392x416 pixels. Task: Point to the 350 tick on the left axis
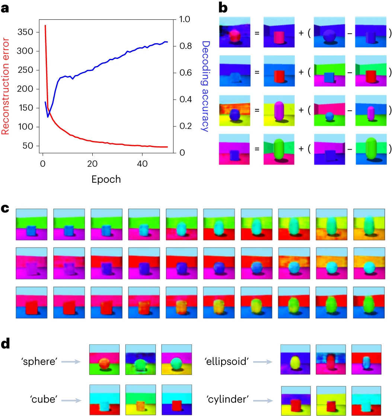point(25,32)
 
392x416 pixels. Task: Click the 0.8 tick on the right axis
point(185,46)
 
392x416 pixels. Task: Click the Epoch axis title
point(106,179)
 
